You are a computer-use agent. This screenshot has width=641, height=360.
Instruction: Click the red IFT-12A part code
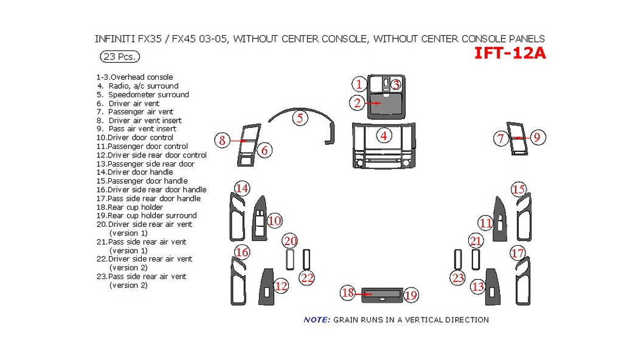pos(510,54)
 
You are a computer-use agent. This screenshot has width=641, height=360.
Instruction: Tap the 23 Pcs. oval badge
pos(120,57)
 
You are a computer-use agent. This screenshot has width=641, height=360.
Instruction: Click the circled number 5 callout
pos(300,118)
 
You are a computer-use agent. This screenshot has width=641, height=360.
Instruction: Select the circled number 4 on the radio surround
pos(384,136)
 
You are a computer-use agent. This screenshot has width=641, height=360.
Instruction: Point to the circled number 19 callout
pos(411,295)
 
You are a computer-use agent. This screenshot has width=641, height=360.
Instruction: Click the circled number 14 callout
pos(242,189)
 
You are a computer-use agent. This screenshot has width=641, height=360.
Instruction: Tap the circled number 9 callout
pos(536,138)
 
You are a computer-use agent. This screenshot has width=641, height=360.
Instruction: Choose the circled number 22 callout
pos(308,278)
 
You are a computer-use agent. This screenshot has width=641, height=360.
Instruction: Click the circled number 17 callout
pos(517,253)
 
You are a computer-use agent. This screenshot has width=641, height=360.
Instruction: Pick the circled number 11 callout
pos(485,223)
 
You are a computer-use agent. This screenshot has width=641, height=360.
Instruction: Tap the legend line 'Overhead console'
pos(134,77)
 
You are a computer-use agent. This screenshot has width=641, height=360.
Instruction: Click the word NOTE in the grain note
pos(316,320)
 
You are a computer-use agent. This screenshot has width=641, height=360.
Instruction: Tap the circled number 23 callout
pos(458,278)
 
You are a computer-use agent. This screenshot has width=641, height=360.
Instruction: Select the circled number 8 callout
pos(223,140)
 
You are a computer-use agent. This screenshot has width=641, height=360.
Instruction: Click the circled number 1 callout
pos(359,85)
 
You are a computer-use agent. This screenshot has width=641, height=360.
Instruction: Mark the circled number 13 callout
pos(478,286)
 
